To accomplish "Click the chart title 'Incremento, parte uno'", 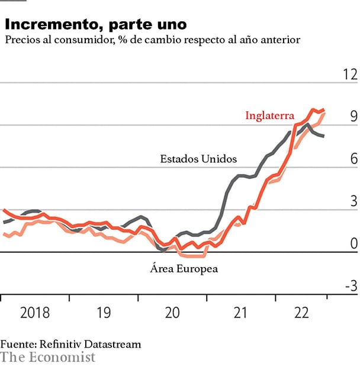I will (95, 24).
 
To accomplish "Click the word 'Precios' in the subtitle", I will (21, 40).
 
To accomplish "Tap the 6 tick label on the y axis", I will (353, 159).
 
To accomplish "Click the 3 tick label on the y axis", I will (353, 201).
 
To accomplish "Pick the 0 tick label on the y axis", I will (353, 244).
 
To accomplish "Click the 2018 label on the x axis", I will (35, 312).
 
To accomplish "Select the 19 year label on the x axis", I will (104, 312).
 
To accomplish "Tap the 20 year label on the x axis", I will (172, 312).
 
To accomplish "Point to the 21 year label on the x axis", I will (240, 312).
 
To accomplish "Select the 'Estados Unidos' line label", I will (198, 159).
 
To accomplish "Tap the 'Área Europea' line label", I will (184, 269).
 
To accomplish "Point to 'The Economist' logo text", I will (47, 357).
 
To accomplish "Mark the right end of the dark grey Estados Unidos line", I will (323, 136).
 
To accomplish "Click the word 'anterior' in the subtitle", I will (280, 40).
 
